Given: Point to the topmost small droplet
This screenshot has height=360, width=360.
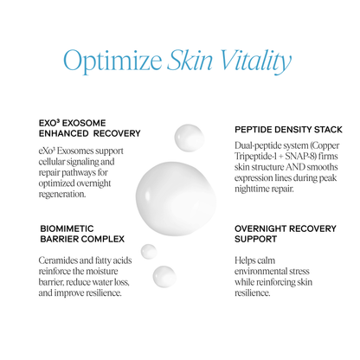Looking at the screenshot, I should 188,137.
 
